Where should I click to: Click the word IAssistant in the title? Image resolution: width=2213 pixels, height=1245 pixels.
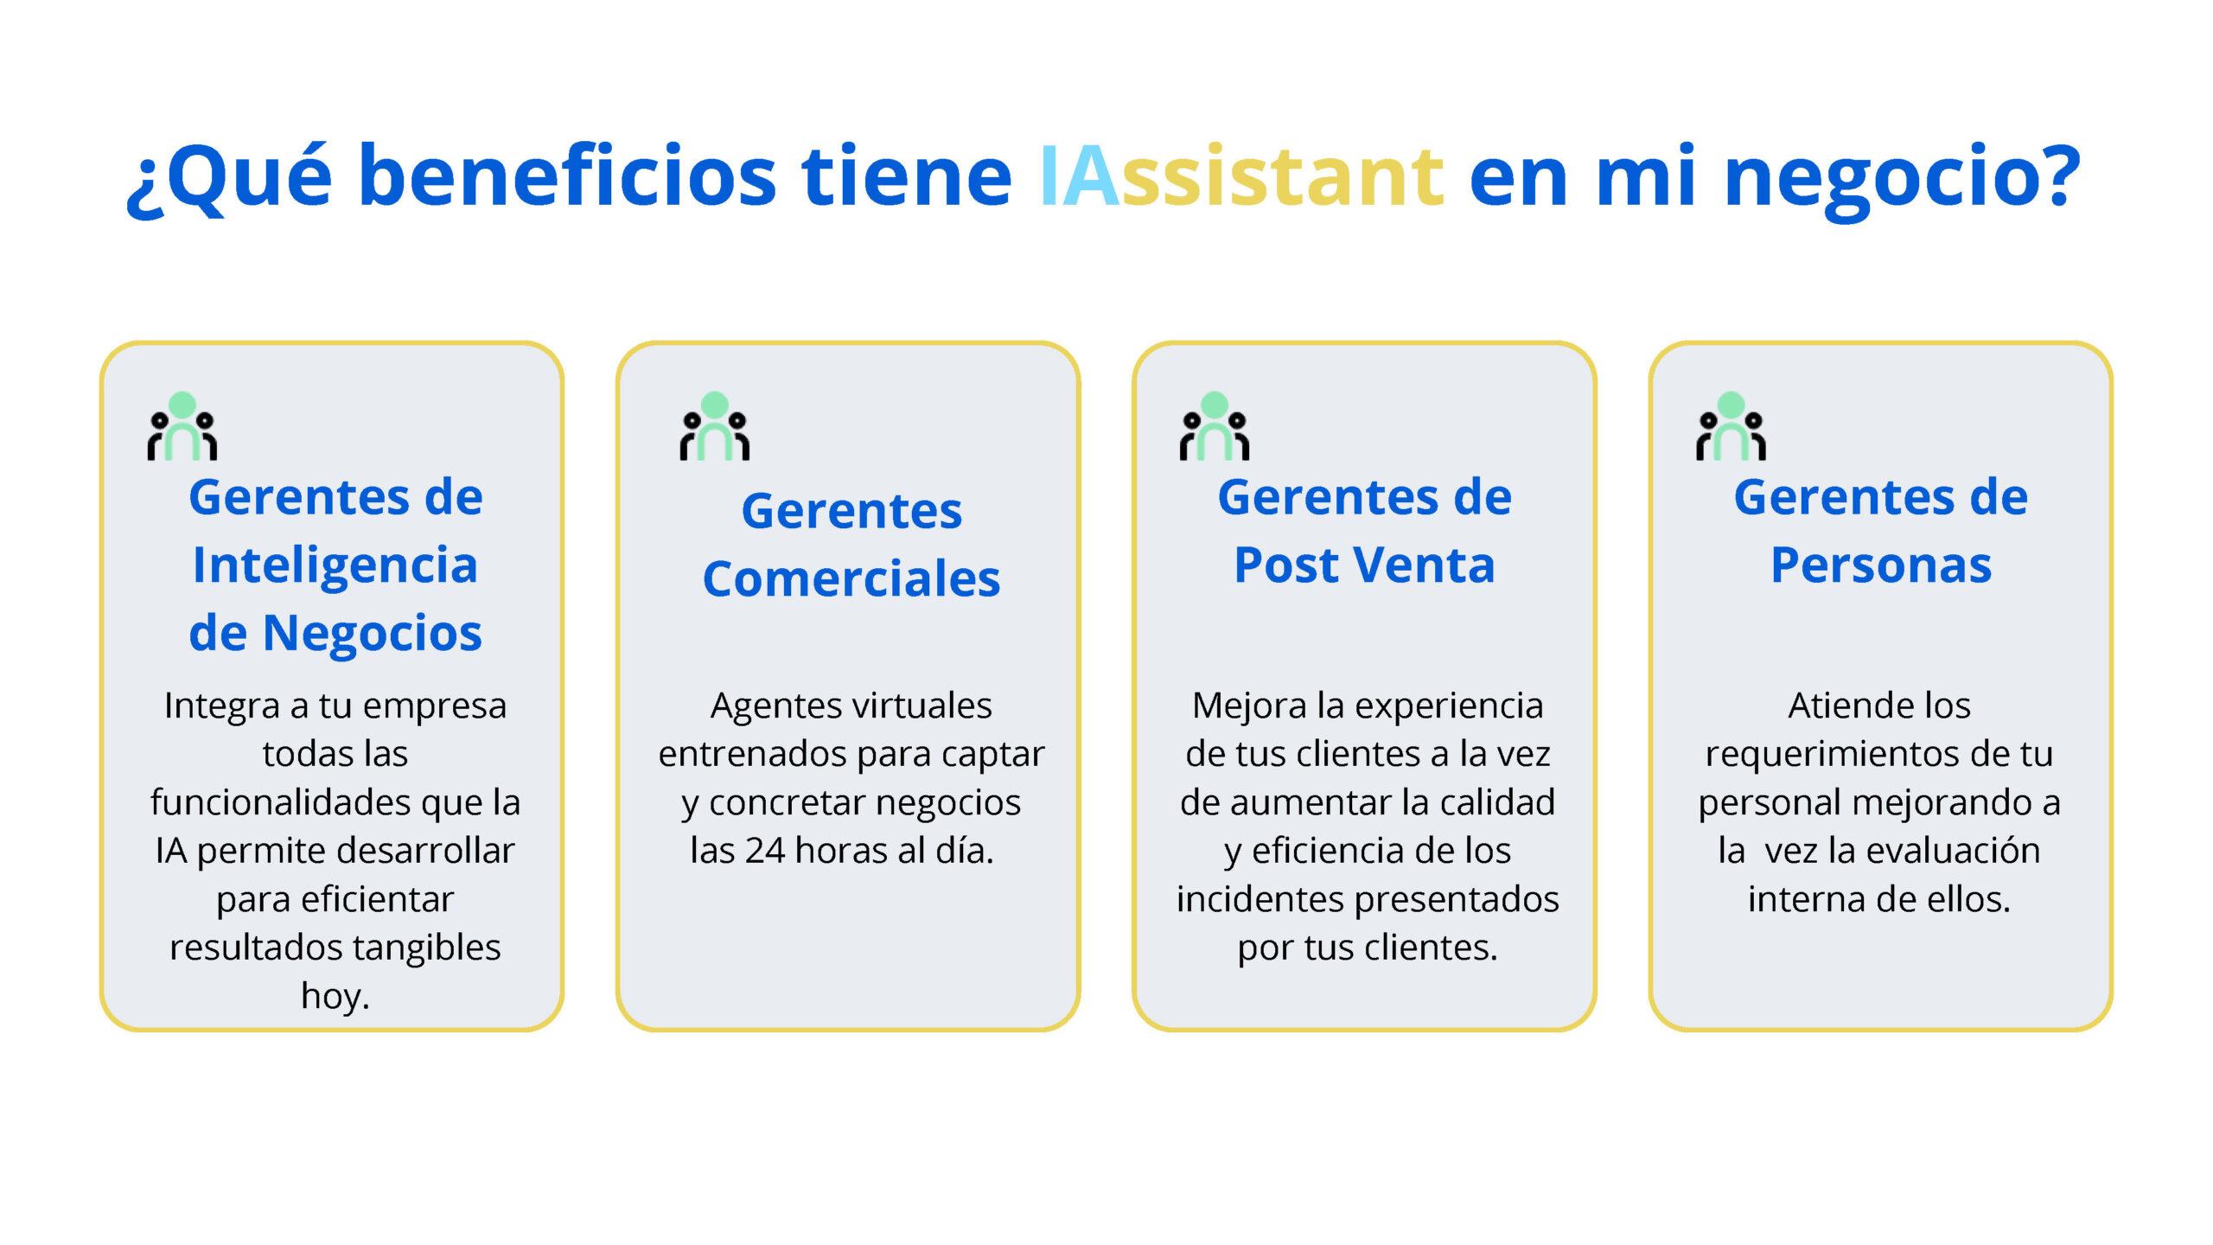1241,176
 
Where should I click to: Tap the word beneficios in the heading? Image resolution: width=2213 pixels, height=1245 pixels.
567,176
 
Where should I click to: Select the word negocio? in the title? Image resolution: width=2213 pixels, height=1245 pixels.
1902,181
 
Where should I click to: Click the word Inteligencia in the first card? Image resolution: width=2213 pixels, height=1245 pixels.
335,567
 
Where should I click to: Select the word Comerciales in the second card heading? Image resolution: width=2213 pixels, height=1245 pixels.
851,578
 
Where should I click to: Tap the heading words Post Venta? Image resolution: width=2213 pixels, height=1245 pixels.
1364,565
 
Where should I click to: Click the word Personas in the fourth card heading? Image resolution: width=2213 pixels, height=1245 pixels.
1881,565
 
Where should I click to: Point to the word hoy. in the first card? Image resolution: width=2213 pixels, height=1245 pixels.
335,996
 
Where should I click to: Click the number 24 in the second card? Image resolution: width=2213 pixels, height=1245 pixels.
765,851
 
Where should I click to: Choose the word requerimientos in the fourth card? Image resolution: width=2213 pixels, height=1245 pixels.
1833,755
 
